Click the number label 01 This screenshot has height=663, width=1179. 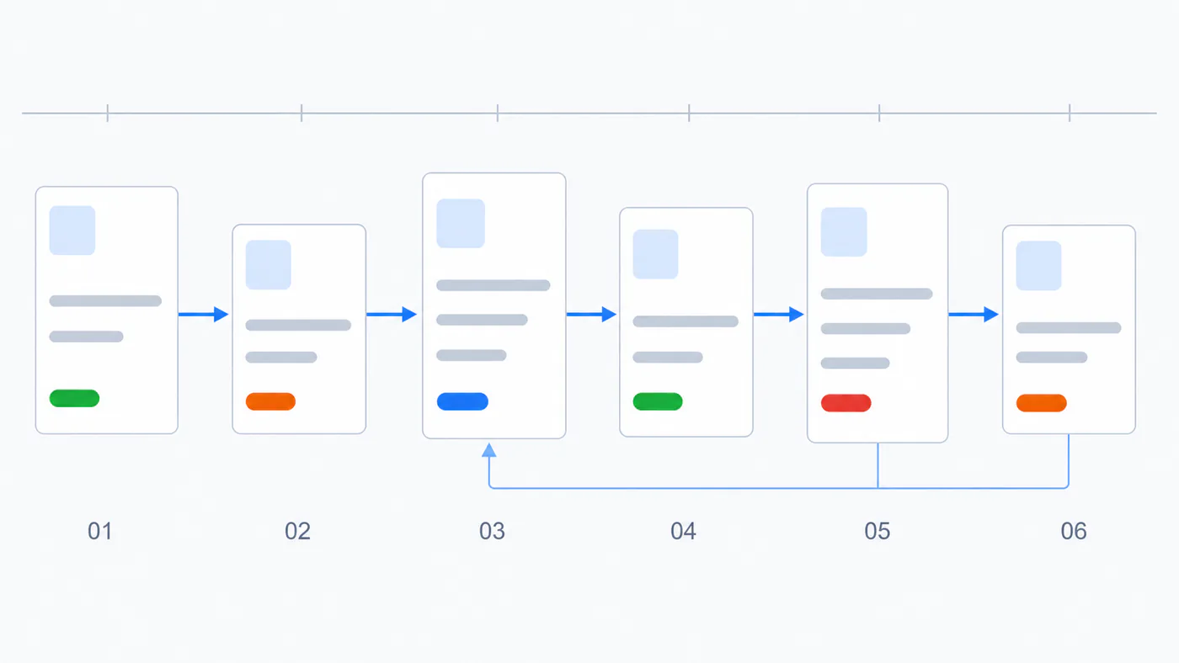tap(100, 531)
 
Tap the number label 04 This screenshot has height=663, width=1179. tap(683, 531)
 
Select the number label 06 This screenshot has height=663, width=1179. tap(1074, 531)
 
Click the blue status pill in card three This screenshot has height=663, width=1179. tap(462, 401)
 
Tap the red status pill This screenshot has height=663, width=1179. tap(846, 403)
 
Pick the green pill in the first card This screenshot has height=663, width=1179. tap(74, 398)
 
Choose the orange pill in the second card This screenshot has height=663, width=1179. tap(270, 401)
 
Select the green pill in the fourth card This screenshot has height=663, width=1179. tap(658, 401)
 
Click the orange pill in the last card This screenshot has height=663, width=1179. tap(1042, 403)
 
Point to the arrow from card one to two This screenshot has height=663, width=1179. tap(204, 315)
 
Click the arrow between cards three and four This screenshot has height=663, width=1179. tap(591, 315)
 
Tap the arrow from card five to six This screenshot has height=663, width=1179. tap(974, 315)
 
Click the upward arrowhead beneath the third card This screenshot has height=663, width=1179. tap(489, 450)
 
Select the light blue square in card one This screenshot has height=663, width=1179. tap(72, 231)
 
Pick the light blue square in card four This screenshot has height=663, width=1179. tap(655, 254)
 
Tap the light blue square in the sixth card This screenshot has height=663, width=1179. tap(1038, 266)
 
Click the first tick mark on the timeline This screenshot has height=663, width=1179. tap(108, 113)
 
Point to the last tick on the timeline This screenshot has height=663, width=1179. tap(1070, 113)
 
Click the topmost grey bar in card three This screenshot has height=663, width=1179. tap(493, 285)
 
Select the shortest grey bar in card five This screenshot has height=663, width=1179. tap(856, 363)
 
